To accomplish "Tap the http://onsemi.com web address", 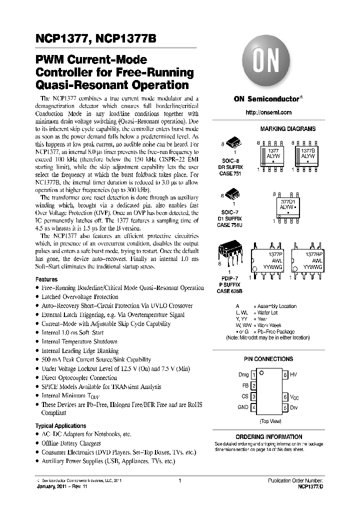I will pyautogui.click(x=268, y=113).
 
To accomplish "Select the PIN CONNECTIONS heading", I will pyautogui.click(x=268, y=359).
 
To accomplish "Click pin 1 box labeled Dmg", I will pyautogui.click(x=253, y=374).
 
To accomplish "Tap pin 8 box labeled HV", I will pyautogui.click(x=285, y=374).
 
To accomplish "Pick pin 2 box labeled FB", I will pyautogui.click(x=253, y=385).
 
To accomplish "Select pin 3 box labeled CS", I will pyautogui.click(x=253, y=396).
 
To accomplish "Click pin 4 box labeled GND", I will pyautogui.click(x=253, y=407).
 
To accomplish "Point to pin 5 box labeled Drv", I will pyautogui.click(x=285, y=407).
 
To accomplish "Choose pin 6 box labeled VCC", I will pyautogui.click(x=285, y=396).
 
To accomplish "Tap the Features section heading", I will pyautogui.click(x=46, y=279).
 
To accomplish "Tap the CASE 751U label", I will pyautogui.click(x=230, y=224).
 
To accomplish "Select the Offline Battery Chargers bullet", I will pyautogui.click(x=71, y=443).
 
